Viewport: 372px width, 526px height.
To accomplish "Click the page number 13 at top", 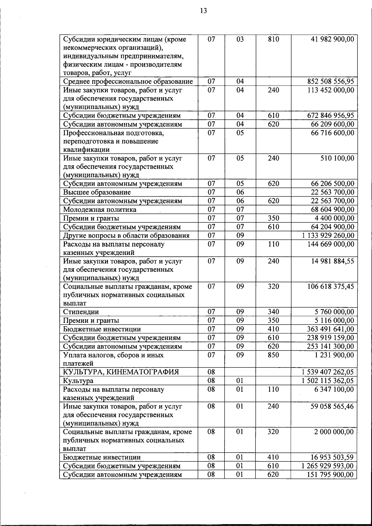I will pyautogui.click(x=203, y=11).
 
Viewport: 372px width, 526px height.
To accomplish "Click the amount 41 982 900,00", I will pyautogui.click(x=332, y=39).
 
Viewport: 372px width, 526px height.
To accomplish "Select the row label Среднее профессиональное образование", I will pyautogui.click(x=128, y=82).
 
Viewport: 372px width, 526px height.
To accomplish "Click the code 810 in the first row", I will pyautogui.click(x=273, y=39).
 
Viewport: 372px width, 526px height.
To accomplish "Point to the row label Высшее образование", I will pyautogui.click(x=97, y=192).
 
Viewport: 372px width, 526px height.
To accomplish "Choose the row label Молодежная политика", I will pyautogui.click(x=100, y=210).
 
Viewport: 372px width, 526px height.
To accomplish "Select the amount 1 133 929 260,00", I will pyautogui.click(x=328, y=236).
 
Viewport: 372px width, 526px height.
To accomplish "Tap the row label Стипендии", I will pyautogui.click(x=81, y=312).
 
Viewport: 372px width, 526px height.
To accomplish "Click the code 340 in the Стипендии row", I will pyautogui.click(x=273, y=312).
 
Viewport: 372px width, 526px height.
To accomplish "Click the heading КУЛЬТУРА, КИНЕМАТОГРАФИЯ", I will pyautogui.click(x=121, y=372).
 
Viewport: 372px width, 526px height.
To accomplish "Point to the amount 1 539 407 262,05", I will pyautogui.click(x=328, y=372).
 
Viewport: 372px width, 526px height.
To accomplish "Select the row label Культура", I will pyautogui.click(x=78, y=381).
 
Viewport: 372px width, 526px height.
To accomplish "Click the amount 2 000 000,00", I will pyautogui.click(x=334, y=432).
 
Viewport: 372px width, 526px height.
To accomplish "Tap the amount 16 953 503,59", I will pyautogui.click(x=332, y=457).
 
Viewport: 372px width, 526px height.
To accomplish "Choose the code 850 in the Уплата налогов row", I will pyautogui.click(x=273, y=355).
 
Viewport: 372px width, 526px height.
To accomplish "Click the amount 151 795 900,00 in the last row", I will pyautogui.click(x=330, y=475).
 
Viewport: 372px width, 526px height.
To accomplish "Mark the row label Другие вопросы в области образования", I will pyautogui.click(x=126, y=236).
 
